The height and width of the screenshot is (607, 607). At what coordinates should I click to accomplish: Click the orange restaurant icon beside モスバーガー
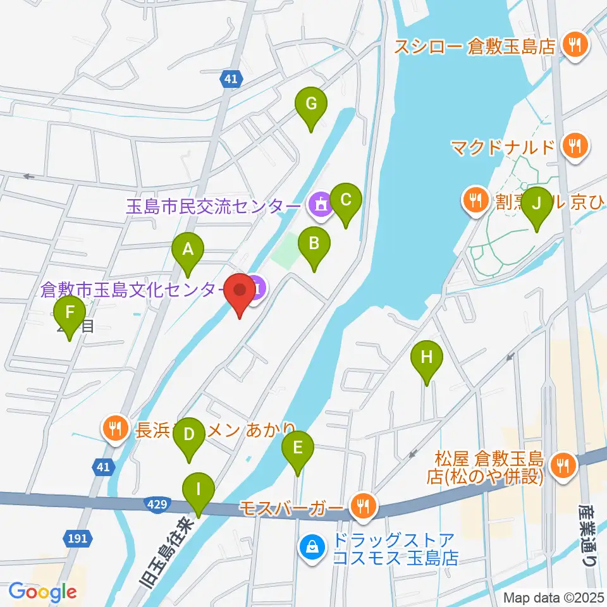(364, 506)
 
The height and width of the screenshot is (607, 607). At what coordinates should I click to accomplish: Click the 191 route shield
(78, 539)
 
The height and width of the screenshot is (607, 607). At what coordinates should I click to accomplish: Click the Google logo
(42, 591)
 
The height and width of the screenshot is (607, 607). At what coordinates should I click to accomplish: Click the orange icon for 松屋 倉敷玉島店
(561, 466)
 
